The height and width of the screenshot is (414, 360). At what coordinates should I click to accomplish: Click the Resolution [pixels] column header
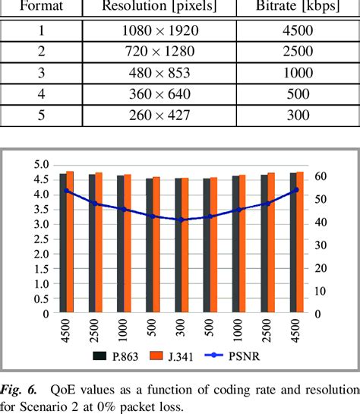coord(159,6)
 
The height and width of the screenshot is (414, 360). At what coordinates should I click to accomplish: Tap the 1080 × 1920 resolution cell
coord(159,33)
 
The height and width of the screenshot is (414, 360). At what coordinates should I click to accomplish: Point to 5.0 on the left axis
coord(43,165)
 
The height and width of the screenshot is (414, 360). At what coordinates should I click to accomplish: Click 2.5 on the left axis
coord(43,239)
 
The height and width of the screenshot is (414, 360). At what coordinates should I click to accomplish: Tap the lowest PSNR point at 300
coord(181,220)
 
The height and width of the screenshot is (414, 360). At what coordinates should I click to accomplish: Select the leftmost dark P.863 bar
coord(63,243)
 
